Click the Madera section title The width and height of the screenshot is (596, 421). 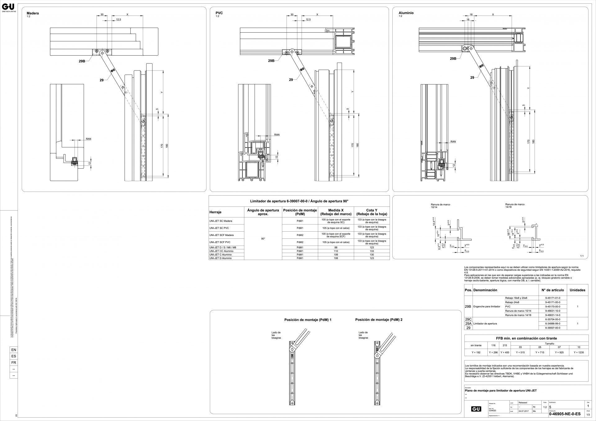pos(33,13)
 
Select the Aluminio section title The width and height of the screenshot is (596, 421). pos(406,13)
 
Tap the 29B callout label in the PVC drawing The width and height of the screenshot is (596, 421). pos(271,61)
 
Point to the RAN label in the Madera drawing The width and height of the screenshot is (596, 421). pos(88,139)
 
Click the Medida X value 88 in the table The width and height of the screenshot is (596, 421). pos(336,247)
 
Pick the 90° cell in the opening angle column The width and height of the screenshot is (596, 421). pos(263,239)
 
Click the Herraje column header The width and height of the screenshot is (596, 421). pos(215,212)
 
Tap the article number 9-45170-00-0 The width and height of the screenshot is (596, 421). pos(553,306)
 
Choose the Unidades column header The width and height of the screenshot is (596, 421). pos(577,290)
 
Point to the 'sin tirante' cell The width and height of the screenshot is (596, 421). pos(476,345)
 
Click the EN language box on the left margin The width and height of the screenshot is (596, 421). pos(14,350)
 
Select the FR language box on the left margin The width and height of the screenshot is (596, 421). pos(14,363)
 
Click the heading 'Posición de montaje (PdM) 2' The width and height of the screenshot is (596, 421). pos(379,319)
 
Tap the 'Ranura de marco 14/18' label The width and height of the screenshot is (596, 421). pos(515,206)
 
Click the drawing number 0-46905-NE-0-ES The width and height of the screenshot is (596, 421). pos(564,414)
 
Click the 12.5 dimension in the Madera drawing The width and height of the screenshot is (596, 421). pos(119,20)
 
